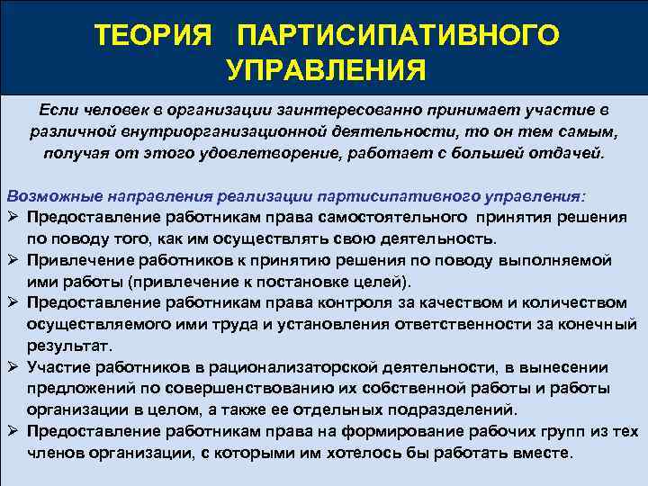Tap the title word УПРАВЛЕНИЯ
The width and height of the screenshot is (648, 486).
coord(325,69)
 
